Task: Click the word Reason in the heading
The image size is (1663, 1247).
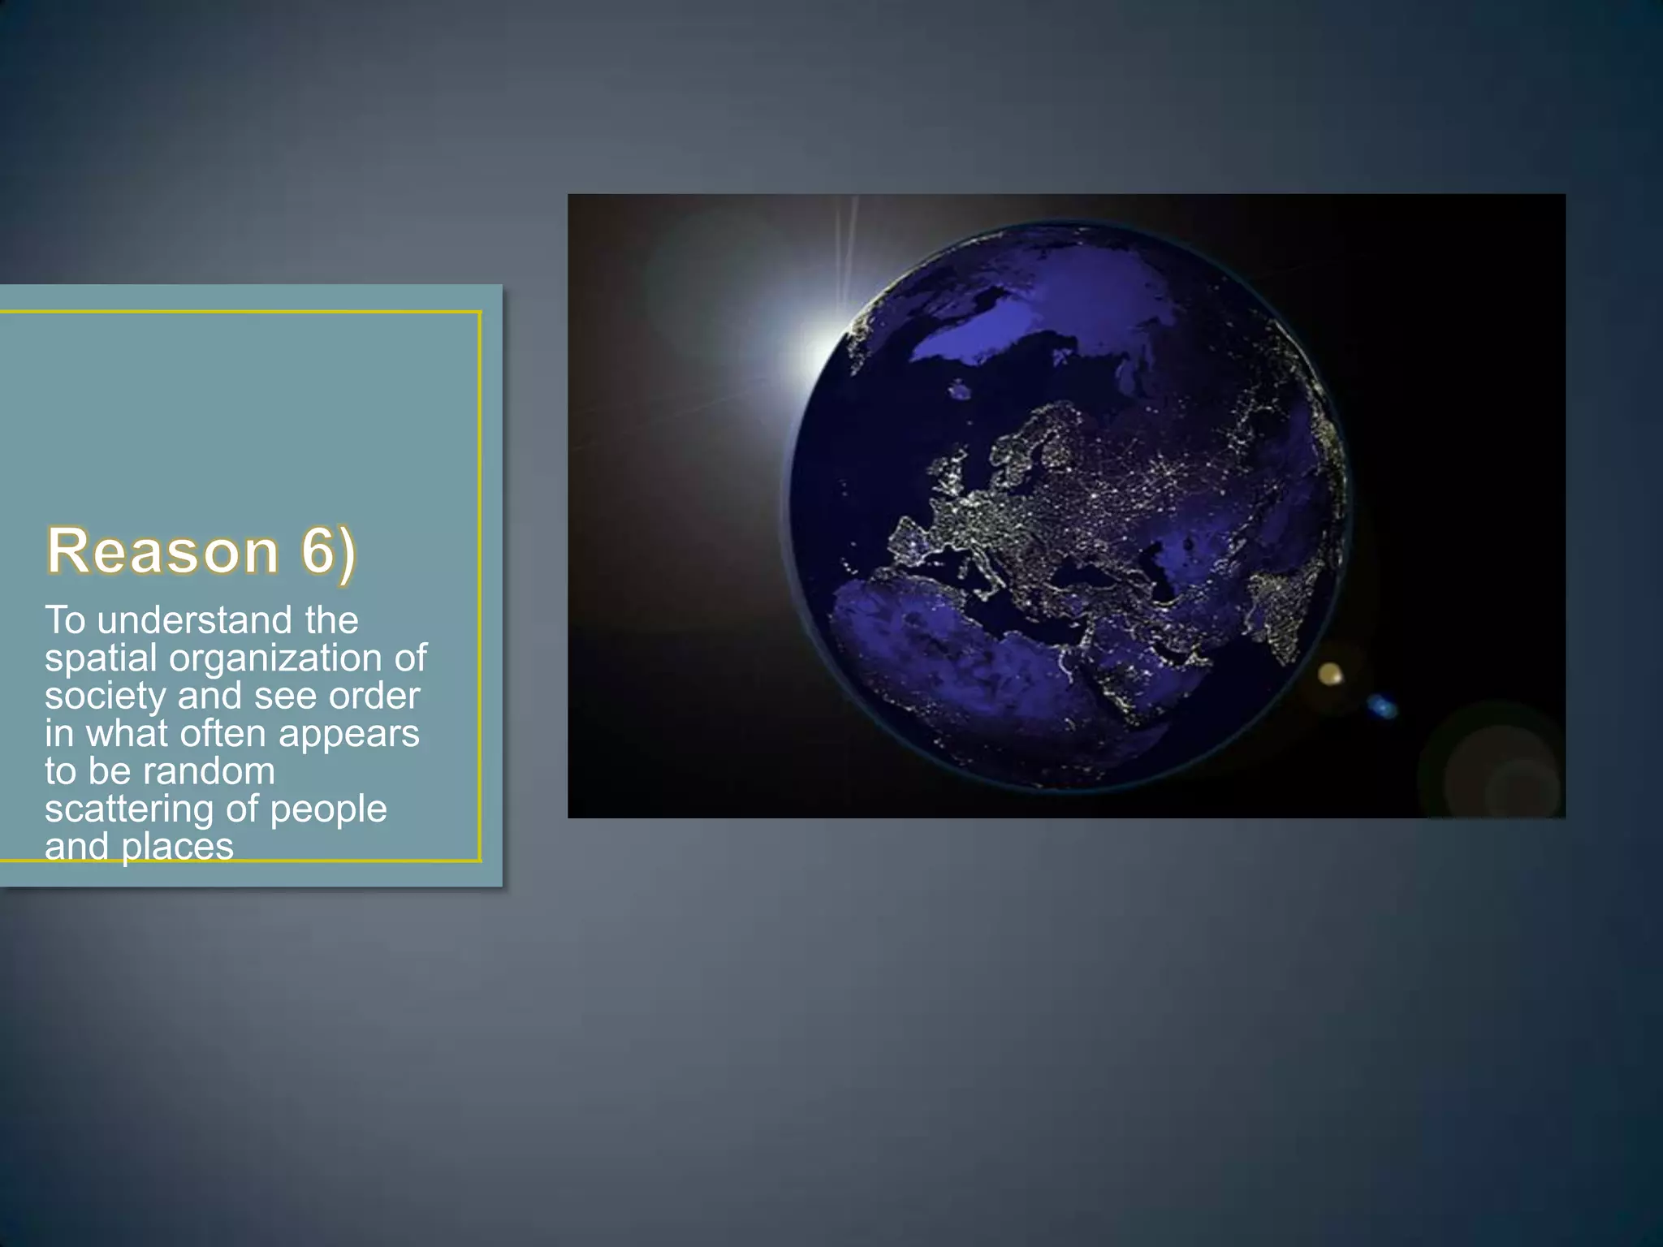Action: coord(163,551)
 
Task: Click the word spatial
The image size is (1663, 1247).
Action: coord(101,659)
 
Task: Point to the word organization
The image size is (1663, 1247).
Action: coord(276,658)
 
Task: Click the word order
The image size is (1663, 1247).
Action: coord(374,696)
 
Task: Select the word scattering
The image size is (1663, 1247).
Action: coord(129,809)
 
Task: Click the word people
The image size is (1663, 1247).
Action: coord(328,809)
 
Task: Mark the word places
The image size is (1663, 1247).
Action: coord(177,847)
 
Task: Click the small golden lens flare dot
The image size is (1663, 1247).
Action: coord(1329,673)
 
